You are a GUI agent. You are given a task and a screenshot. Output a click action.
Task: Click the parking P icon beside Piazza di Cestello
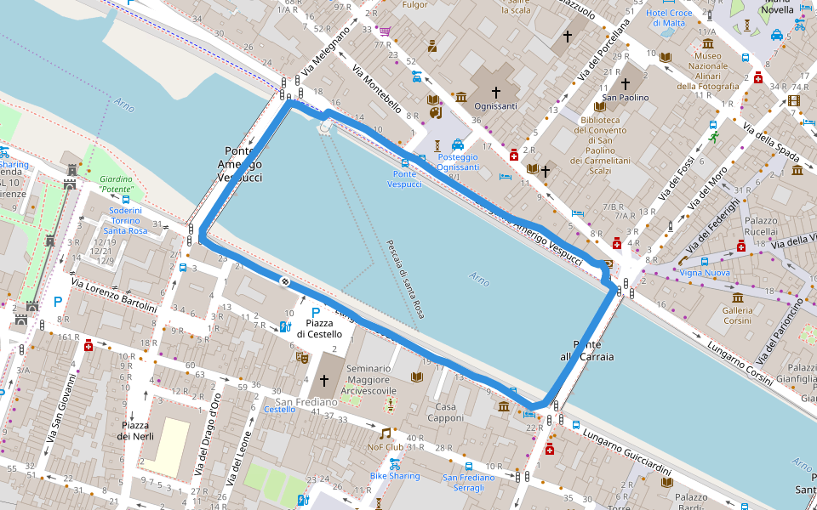pyautogui.click(x=317, y=312)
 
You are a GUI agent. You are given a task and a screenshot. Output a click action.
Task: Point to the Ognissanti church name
pyautogui.click(x=496, y=106)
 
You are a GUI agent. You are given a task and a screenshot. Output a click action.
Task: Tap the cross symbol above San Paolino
pyautogui.click(x=626, y=83)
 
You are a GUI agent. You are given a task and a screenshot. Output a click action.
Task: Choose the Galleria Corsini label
pyautogui.click(x=737, y=315)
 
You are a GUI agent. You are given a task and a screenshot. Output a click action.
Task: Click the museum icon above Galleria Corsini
pyautogui.click(x=737, y=298)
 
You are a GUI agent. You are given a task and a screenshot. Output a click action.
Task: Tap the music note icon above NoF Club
pyautogui.click(x=385, y=433)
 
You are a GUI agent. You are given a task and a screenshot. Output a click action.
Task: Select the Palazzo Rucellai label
pyautogui.click(x=761, y=225)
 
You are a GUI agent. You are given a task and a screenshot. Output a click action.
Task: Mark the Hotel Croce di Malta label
pyautogui.click(x=669, y=18)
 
